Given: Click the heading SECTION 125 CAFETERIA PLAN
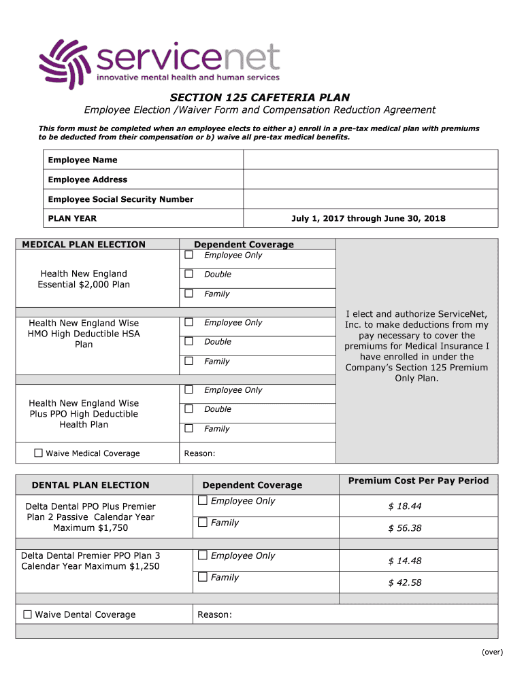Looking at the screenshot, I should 259,97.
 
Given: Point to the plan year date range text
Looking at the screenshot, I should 368,218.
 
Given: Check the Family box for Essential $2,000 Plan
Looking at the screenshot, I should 189,294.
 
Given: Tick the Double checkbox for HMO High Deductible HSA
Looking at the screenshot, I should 189,341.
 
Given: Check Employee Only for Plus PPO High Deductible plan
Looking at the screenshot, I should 189,389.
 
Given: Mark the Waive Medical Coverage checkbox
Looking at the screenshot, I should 39,453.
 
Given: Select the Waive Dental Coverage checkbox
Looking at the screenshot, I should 28,614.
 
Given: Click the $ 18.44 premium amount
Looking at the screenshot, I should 405,506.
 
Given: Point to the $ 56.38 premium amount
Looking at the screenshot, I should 405,528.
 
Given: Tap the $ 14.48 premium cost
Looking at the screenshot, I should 405,561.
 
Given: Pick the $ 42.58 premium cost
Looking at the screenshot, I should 405,582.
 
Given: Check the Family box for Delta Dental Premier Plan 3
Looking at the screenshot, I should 202,577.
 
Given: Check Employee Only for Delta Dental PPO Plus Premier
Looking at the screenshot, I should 202,501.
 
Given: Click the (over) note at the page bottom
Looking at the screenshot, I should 492,652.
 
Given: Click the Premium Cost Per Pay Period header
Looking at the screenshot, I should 418,481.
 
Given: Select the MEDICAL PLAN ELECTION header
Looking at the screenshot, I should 84,245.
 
